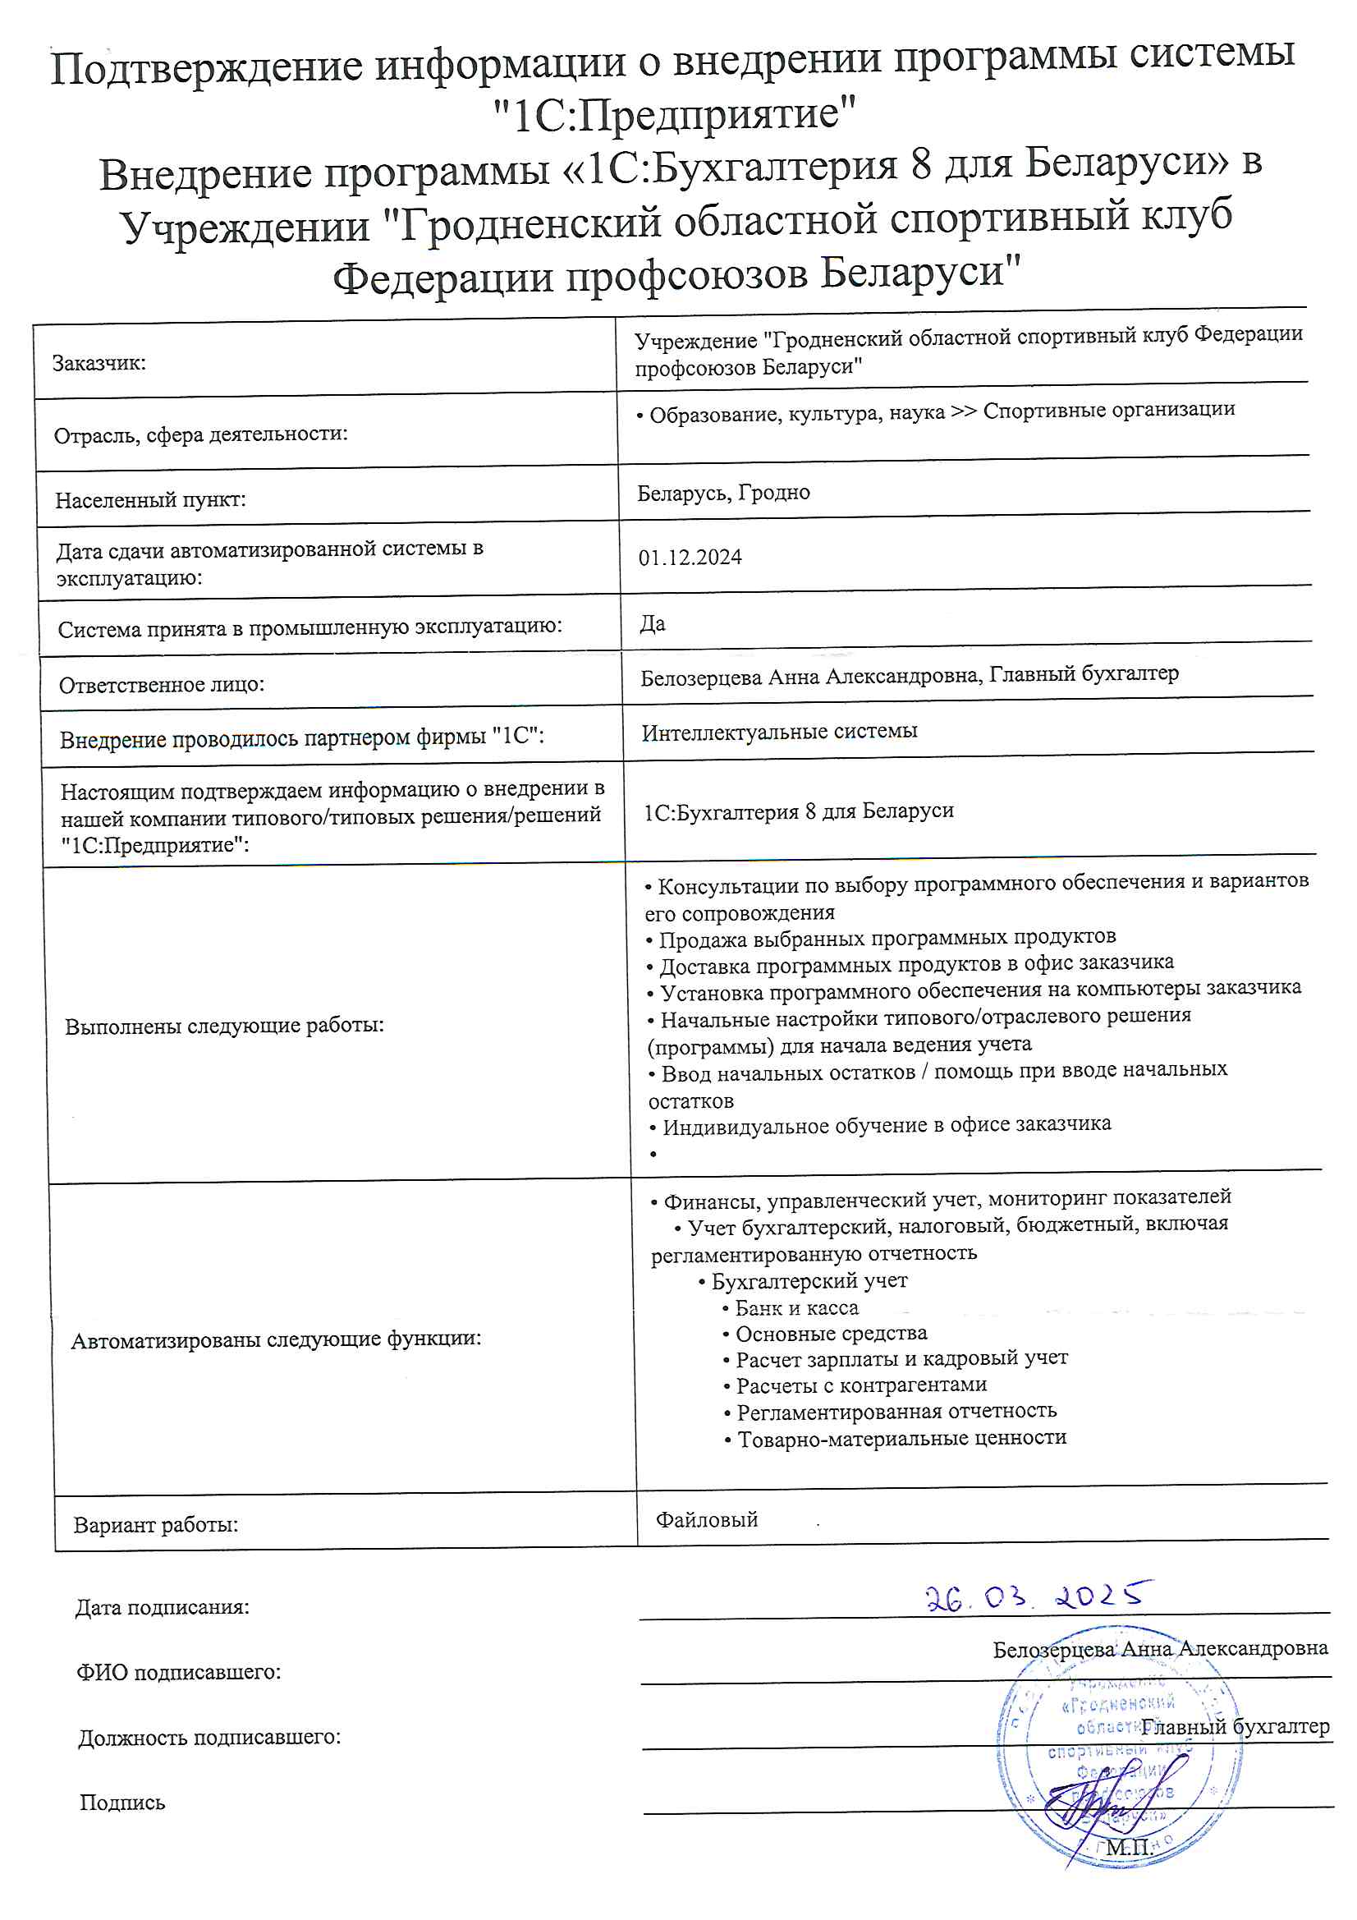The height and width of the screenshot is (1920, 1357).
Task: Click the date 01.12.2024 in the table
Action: (690, 558)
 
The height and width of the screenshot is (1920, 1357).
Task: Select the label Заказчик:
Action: (99, 363)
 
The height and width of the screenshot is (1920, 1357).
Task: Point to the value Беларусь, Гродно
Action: (723, 493)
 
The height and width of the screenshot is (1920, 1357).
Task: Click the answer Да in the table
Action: (652, 624)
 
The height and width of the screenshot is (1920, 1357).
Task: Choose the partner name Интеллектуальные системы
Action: (779, 732)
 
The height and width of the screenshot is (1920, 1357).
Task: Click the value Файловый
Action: (707, 1519)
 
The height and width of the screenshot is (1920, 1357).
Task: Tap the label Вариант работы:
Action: (155, 1524)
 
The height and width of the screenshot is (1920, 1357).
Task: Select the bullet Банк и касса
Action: (795, 1308)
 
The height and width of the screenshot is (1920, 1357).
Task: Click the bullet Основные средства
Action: (830, 1334)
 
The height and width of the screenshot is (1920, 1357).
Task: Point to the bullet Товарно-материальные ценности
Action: (901, 1438)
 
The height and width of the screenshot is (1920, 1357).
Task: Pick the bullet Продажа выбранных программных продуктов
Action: (887, 939)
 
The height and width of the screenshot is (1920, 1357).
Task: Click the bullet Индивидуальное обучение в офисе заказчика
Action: (886, 1125)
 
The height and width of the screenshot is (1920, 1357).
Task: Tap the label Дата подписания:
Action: (163, 1607)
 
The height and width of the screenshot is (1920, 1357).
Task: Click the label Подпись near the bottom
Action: (122, 1802)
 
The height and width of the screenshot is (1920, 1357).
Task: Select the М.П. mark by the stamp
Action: (1129, 1848)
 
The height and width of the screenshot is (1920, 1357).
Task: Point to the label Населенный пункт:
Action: (150, 500)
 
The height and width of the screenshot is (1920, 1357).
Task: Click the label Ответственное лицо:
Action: (162, 685)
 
